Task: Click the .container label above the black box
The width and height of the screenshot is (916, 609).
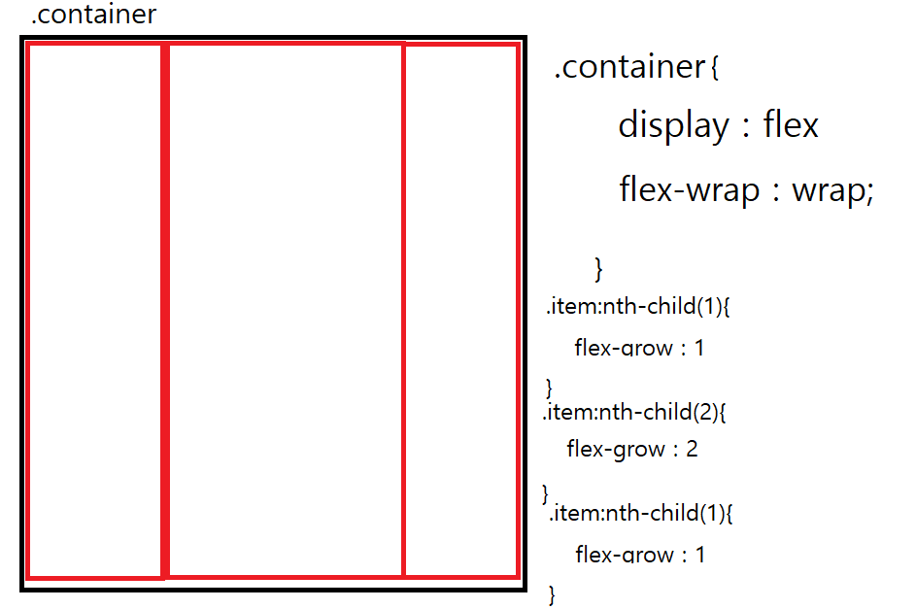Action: (x=93, y=16)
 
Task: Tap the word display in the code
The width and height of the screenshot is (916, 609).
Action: (x=673, y=125)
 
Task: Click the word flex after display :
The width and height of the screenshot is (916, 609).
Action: (x=791, y=125)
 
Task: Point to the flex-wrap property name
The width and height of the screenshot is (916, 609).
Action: (x=690, y=189)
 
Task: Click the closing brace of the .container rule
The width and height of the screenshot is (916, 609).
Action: (x=599, y=266)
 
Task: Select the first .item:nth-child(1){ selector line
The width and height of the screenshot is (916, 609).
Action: (x=637, y=307)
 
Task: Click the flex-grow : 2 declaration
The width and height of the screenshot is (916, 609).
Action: (x=632, y=449)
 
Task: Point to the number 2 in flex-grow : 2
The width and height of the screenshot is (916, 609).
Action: (x=692, y=449)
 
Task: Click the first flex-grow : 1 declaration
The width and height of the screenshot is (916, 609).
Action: (x=639, y=348)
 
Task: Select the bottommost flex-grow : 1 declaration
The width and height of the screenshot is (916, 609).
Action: (x=640, y=555)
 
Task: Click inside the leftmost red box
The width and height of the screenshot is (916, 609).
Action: (x=94, y=311)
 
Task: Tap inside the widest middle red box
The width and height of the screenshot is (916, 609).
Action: (x=286, y=311)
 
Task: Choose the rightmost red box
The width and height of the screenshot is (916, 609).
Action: (x=460, y=311)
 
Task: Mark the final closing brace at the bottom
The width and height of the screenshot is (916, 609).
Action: (x=553, y=593)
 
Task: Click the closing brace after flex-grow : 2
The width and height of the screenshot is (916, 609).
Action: (x=545, y=491)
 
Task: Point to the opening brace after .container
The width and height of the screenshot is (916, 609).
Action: (x=714, y=69)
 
